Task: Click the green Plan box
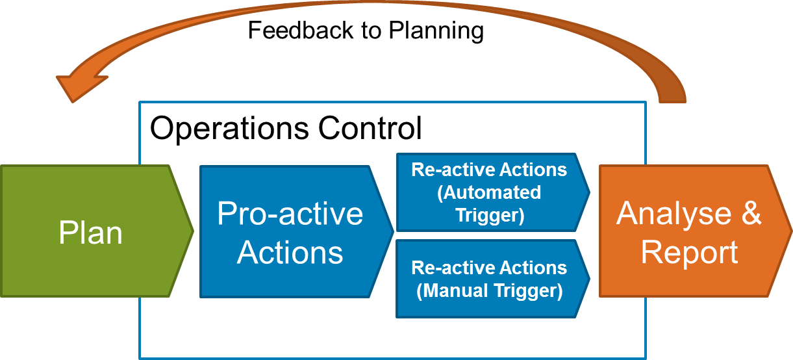(x=97, y=231)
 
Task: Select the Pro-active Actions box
(x=297, y=231)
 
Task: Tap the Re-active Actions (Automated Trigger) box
(x=493, y=192)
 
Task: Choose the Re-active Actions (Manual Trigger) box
(x=493, y=279)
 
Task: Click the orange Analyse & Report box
(x=696, y=231)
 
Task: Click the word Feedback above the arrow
(x=301, y=30)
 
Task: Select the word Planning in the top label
(x=436, y=31)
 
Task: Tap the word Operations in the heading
(x=229, y=129)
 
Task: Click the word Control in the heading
(x=370, y=128)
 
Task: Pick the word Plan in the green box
(x=91, y=233)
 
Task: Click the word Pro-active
(x=290, y=213)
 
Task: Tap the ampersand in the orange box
(x=751, y=212)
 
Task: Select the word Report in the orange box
(x=690, y=253)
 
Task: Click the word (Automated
(x=489, y=193)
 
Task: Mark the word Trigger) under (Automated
(x=490, y=216)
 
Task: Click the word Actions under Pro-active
(x=290, y=252)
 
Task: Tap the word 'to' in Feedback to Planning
(x=371, y=31)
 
